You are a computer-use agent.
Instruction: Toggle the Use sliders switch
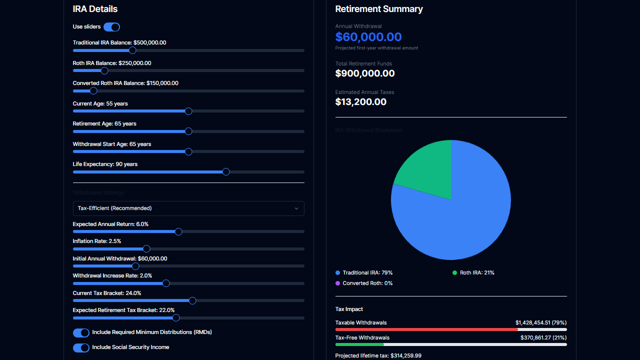click(x=111, y=27)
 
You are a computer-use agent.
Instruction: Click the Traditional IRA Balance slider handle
click(x=132, y=50)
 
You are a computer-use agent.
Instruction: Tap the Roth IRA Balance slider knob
click(x=104, y=70)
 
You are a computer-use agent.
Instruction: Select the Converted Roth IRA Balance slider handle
click(x=93, y=91)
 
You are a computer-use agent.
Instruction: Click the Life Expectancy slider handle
click(x=226, y=172)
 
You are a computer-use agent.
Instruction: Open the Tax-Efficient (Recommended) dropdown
click(x=188, y=208)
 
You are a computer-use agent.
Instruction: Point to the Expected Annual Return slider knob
click(x=178, y=231)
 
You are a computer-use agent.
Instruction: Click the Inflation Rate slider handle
click(x=146, y=249)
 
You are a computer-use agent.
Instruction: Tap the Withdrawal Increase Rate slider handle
click(x=166, y=283)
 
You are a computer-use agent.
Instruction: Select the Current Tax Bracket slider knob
click(x=192, y=301)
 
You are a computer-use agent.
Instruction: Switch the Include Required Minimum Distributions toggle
click(x=81, y=333)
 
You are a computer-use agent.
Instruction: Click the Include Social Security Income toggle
click(x=81, y=348)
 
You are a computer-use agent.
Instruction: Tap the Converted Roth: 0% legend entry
click(x=364, y=283)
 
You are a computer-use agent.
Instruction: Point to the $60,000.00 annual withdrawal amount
click(x=368, y=37)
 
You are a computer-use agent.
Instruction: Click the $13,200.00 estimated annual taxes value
click(x=361, y=102)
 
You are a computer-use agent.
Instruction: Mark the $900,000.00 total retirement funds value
click(x=365, y=73)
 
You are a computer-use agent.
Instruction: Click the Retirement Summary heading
click(x=379, y=9)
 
